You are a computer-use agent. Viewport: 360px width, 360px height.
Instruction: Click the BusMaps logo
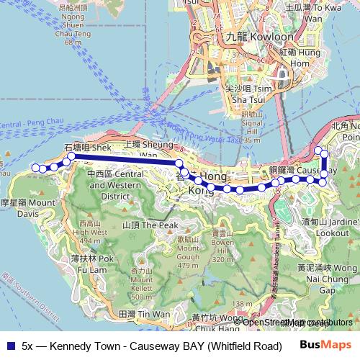coord(325,344)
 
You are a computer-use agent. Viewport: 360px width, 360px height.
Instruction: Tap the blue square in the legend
coord(9,345)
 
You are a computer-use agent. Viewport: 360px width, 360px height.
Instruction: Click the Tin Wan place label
coord(143,315)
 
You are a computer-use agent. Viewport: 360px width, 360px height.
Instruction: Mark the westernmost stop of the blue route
coord(35,168)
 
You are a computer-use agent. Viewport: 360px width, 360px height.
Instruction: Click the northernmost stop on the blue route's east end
coord(318,150)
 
